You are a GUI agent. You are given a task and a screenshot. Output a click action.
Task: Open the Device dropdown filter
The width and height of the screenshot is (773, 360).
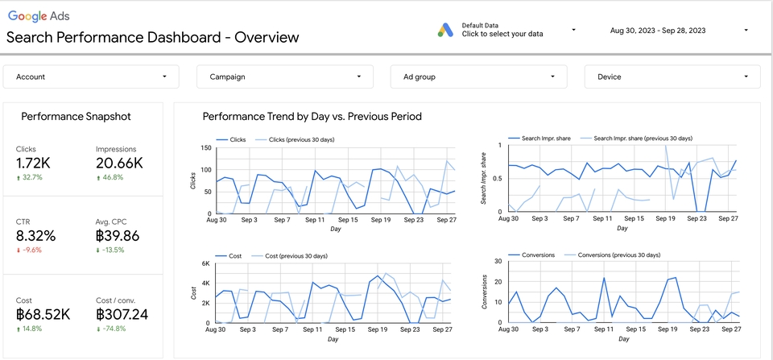click(x=672, y=77)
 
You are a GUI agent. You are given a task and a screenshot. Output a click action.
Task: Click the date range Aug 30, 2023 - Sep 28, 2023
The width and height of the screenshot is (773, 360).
click(x=658, y=30)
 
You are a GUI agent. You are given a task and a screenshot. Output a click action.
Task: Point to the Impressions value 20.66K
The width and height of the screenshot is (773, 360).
click(x=119, y=163)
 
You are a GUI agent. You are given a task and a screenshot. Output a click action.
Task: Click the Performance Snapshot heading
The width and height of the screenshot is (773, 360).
click(x=76, y=117)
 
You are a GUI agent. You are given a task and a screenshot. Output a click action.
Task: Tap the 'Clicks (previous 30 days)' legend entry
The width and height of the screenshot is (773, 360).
click(x=300, y=139)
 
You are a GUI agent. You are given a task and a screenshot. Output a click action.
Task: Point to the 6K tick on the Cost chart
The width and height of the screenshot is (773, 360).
click(x=205, y=263)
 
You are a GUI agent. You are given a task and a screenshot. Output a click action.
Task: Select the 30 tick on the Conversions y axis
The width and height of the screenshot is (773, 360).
click(x=498, y=260)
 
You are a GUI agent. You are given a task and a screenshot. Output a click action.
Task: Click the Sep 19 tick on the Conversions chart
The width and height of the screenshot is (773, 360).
click(x=666, y=330)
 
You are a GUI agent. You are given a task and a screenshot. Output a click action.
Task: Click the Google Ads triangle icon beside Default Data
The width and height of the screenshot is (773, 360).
click(x=446, y=29)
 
